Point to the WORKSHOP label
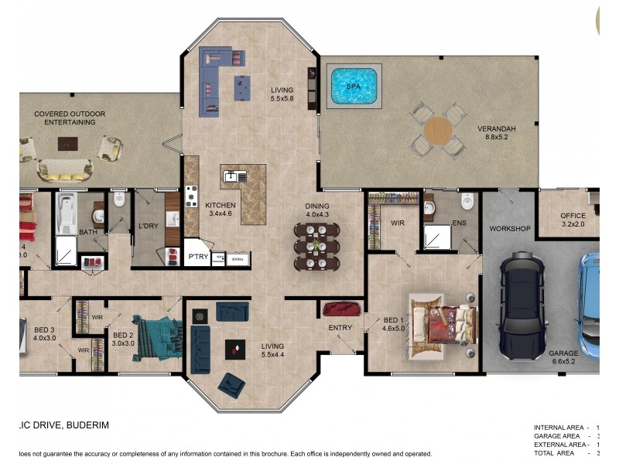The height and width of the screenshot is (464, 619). point(509,229)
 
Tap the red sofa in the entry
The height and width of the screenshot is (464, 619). point(342,309)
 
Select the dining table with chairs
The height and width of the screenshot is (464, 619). point(316,246)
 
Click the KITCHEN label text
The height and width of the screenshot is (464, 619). point(220,206)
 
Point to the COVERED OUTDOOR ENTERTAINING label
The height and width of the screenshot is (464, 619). point(70,118)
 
